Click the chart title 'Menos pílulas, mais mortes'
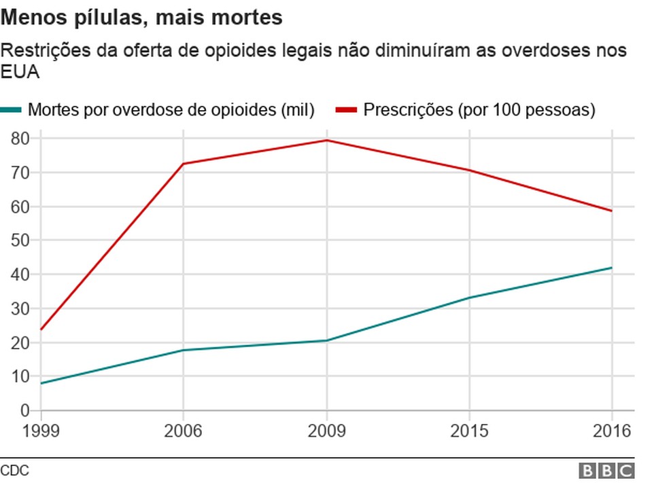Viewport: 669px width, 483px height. pyautogui.click(x=141, y=18)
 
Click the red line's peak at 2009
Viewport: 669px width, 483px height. pyautogui.click(x=327, y=141)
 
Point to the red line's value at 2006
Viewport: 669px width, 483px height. pyautogui.click(x=183, y=164)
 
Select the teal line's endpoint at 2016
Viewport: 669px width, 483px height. pyautogui.click(x=612, y=268)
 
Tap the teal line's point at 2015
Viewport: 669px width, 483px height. pyautogui.click(x=469, y=298)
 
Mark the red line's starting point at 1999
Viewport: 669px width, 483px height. pyautogui.click(x=41, y=329)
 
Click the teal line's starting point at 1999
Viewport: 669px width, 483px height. pyautogui.click(x=41, y=383)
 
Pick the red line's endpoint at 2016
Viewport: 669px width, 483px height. pyautogui.click(x=612, y=211)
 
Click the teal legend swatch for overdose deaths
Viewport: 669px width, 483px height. pyautogui.click(x=12, y=109)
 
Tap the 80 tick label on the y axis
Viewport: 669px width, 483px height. pyautogui.click(x=21, y=139)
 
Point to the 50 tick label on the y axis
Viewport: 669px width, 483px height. pyautogui.click(x=21, y=240)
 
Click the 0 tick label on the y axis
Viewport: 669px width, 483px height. pyautogui.click(x=25, y=410)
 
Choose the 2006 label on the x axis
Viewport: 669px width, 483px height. pyautogui.click(x=183, y=431)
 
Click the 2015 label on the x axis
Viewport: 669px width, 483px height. pyautogui.click(x=469, y=431)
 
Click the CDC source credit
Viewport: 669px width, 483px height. pyautogui.click(x=14, y=470)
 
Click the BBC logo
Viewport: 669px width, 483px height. pyautogui.click(x=606, y=471)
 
